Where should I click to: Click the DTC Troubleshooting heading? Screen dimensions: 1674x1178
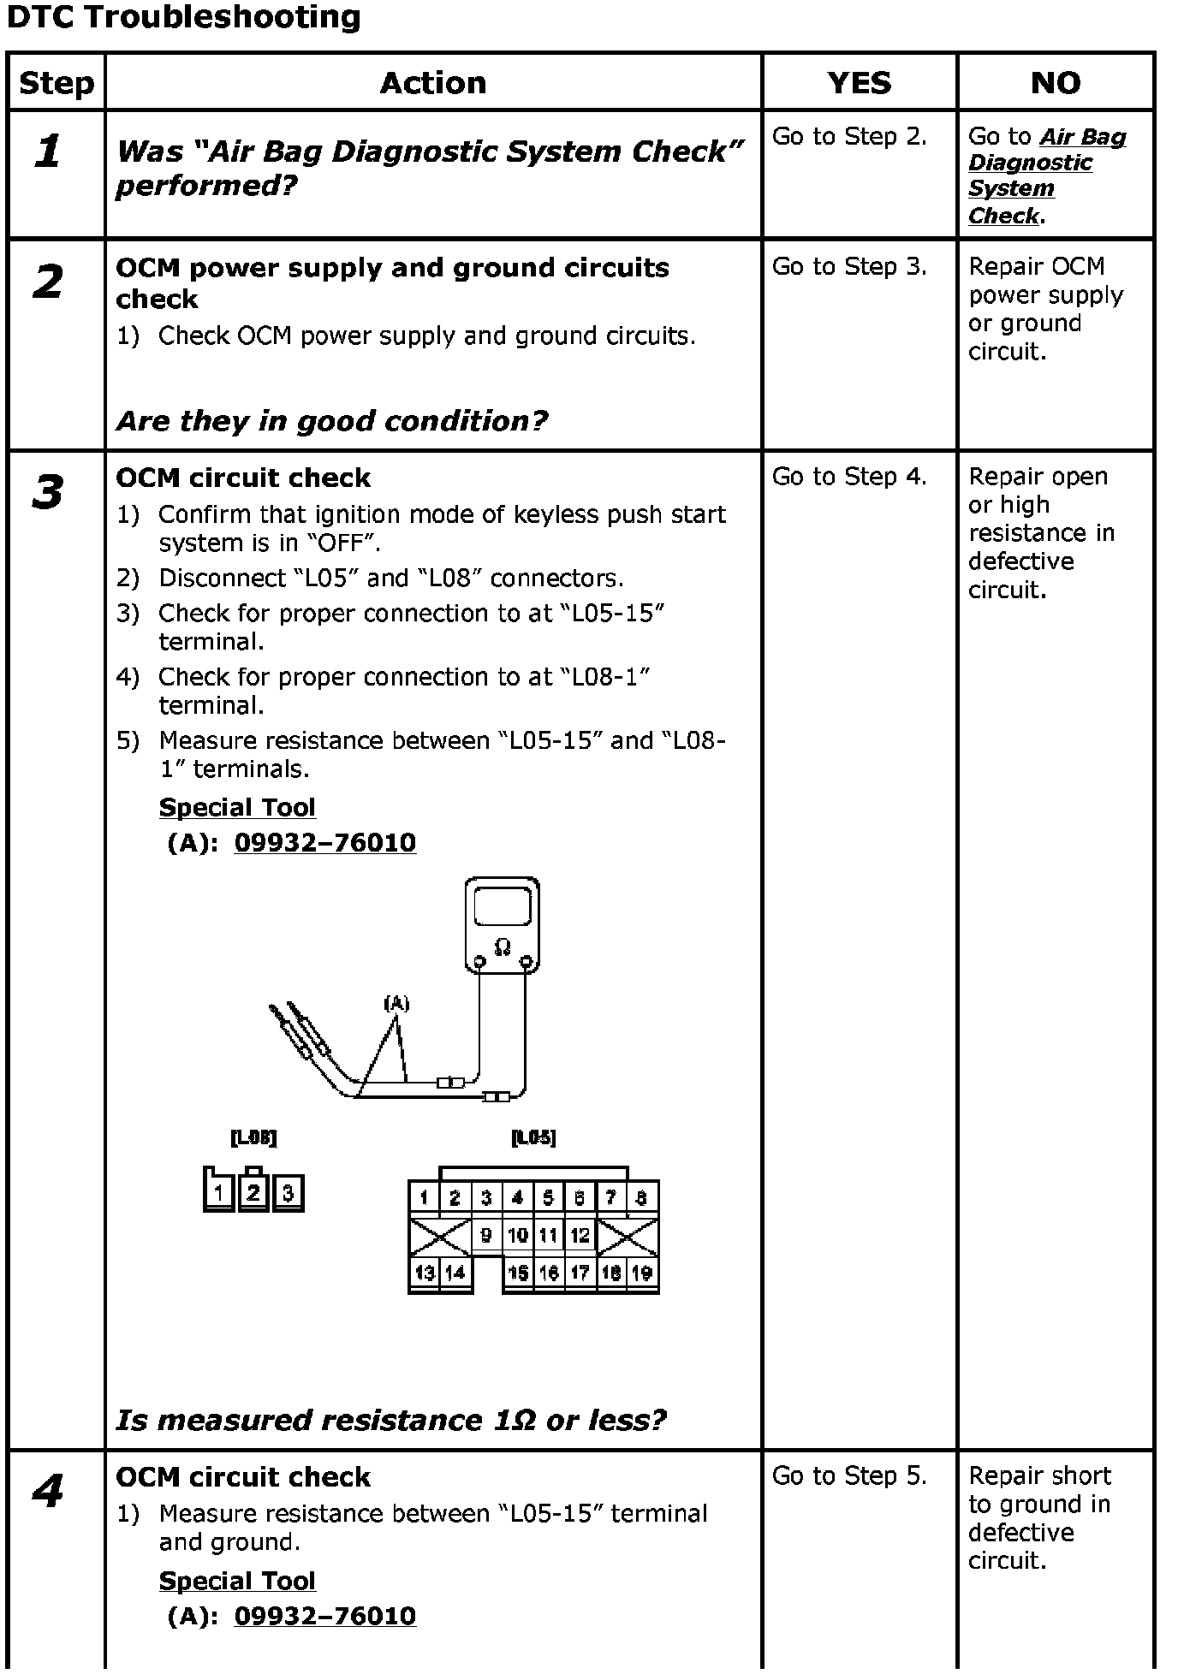183,17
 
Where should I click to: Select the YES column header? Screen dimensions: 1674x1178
859,83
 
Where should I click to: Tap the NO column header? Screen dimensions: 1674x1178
1055,83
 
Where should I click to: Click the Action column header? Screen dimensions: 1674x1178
433,83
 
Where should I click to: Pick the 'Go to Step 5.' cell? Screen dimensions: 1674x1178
849,1475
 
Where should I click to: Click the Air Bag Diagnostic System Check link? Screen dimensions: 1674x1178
1046,175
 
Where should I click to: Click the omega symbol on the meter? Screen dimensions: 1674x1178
503,946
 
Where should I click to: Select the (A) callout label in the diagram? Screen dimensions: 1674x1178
396,1003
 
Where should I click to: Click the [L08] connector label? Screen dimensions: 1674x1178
253,1137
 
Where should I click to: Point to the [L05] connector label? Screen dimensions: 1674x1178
533,1137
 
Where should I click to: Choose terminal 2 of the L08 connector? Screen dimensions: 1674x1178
253,1191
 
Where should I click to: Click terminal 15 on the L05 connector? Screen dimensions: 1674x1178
518,1273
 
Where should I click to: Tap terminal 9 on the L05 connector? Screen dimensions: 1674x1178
486,1235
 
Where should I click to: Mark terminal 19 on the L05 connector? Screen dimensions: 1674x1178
642,1273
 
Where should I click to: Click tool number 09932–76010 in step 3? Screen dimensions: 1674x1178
325,842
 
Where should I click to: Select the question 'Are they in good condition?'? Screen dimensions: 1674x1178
332,421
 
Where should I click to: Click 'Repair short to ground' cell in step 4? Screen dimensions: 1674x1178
1039,1517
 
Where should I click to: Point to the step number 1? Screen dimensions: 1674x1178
48,151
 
